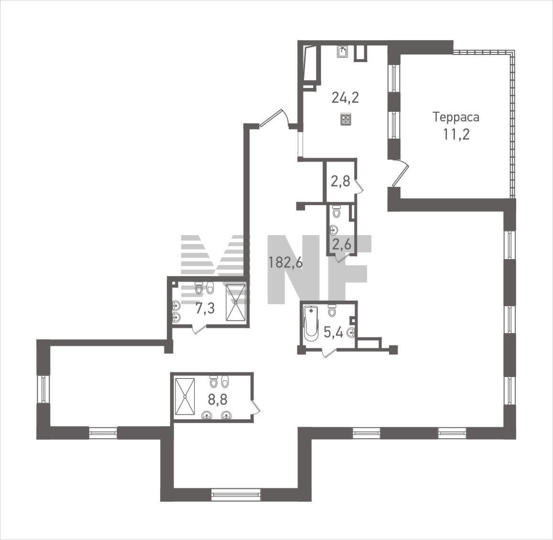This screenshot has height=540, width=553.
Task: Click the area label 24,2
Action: pyautogui.click(x=345, y=97)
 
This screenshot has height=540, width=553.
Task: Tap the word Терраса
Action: pyautogui.click(x=456, y=117)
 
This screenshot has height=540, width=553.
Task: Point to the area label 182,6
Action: pyautogui.click(x=286, y=262)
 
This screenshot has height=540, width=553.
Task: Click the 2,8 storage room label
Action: pyautogui.click(x=340, y=181)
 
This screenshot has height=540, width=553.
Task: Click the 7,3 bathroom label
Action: pyautogui.click(x=205, y=309)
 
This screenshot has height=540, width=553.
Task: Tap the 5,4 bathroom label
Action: pyautogui.click(x=333, y=332)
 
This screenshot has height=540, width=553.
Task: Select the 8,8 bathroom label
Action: pyautogui.click(x=217, y=400)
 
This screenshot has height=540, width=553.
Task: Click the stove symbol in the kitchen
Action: pyautogui.click(x=346, y=119)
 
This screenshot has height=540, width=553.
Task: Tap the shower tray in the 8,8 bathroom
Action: pyautogui.click(x=185, y=397)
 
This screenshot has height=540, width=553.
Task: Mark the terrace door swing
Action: pyautogui.click(x=400, y=173)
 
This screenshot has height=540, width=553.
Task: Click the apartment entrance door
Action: pyautogui.click(x=275, y=118)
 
